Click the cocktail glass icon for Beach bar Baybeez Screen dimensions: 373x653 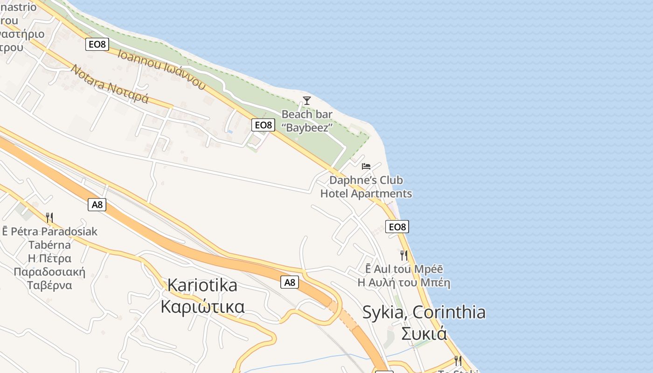[x=306, y=100]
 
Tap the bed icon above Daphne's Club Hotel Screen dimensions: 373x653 [x=366, y=166]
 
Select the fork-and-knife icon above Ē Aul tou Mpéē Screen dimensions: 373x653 [x=404, y=255]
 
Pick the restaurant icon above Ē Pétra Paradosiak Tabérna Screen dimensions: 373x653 [x=49, y=217]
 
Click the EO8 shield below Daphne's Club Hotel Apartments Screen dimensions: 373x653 [x=397, y=227]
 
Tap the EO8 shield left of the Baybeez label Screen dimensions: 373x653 [x=263, y=125]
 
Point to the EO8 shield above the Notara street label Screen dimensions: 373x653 [x=97, y=45]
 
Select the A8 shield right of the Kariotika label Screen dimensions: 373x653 [x=290, y=282]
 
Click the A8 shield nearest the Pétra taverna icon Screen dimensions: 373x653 [x=97, y=205]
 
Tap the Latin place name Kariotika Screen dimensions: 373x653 [x=202, y=285]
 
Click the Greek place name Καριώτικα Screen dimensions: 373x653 [x=202, y=307]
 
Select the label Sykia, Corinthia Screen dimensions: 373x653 [x=424, y=312]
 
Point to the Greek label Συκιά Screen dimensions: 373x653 [x=424, y=334]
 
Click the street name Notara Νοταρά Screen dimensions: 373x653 [x=110, y=84]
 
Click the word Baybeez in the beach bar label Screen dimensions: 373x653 [x=307, y=127]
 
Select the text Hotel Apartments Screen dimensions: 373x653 [x=366, y=193]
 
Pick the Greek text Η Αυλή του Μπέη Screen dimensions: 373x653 [x=404, y=283]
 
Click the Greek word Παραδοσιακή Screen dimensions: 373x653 [x=49, y=272]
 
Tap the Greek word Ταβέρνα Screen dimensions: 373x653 [x=49, y=285]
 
